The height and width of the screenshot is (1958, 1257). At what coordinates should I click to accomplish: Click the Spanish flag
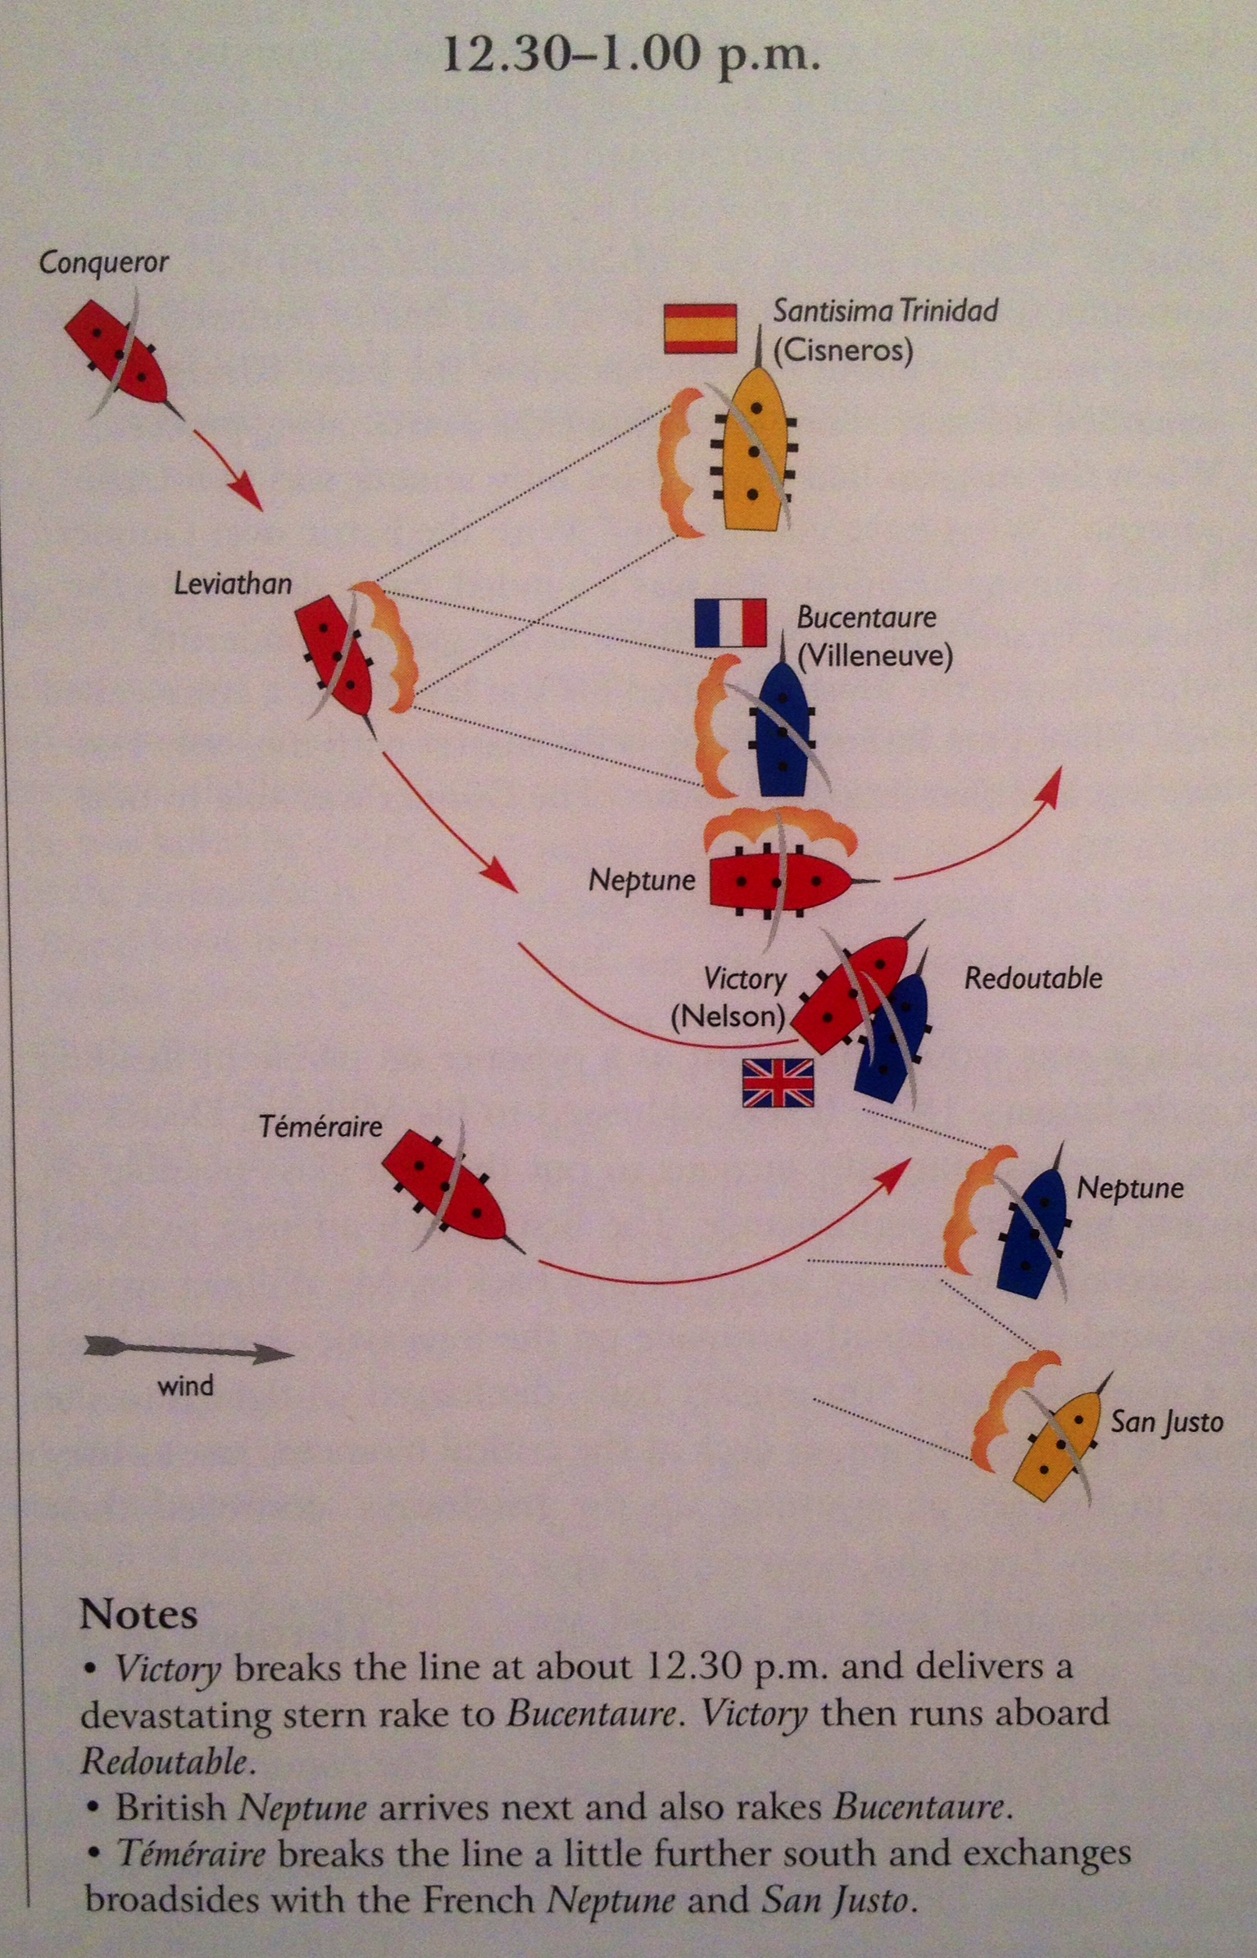pos(700,329)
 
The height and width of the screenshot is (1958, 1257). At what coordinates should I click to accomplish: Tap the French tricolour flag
pos(730,623)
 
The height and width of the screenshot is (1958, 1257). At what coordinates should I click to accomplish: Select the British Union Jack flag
pos(778,1082)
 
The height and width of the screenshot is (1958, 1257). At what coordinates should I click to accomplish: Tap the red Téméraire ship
pos(446,1188)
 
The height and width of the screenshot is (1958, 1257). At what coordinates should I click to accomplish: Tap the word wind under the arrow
pos(186,1386)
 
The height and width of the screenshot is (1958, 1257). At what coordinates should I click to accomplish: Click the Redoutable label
pos(1032,978)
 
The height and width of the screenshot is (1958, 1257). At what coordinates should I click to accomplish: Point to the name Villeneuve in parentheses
pos(874,656)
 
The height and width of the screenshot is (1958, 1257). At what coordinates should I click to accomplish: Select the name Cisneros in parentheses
pos(843,351)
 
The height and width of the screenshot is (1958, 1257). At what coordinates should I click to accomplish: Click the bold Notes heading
pos(138,1614)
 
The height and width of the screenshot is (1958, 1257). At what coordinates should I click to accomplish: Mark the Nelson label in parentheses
pos(728,1017)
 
